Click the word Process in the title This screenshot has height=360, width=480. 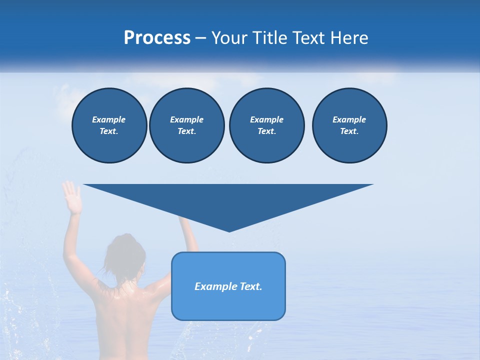[157, 38]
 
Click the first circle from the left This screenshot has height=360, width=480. [109, 125]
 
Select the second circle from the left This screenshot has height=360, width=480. [186, 125]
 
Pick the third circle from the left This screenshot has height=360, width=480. [266, 125]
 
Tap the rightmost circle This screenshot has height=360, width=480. [349, 125]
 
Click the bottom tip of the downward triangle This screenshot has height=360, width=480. [229, 230]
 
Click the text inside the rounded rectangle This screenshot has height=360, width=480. [228, 286]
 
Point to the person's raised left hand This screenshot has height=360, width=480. [71, 196]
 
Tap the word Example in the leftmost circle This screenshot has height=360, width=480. [109, 119]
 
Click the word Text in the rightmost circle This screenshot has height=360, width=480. [349, 131]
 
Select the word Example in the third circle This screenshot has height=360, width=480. [266, 119]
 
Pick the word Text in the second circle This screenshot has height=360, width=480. [186, 131]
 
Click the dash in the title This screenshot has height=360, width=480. [200, 38]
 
